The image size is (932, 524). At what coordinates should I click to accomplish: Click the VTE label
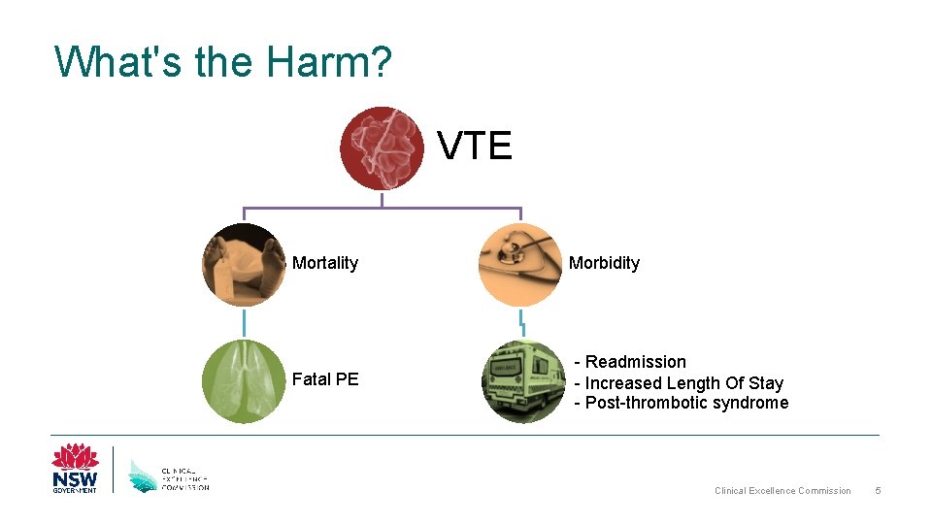coord(475,147)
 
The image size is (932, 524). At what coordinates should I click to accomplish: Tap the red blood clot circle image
coord(382,148)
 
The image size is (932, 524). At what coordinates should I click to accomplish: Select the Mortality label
coord(325,263)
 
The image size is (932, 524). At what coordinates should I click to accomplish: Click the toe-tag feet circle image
coord(244,265)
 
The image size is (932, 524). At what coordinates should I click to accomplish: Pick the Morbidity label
coord(604,263)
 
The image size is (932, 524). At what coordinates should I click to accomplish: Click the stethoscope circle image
coord(520,265)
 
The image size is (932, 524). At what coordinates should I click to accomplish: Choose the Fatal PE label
coord(325,379)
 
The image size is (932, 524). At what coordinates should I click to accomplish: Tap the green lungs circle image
coord(244,381)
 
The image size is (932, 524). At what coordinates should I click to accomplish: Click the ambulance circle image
coord(523,381)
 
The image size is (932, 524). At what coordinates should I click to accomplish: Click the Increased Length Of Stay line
coord(679,383)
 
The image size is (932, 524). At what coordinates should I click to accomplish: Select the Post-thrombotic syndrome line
coord(681,403)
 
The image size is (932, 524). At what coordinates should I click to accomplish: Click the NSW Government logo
coord(76,469)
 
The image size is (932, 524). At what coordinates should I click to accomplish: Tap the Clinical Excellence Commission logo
coord(169,475)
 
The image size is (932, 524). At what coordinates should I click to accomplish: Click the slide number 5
coord(878,491)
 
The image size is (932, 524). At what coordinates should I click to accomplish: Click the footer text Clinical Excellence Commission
coord(782,491)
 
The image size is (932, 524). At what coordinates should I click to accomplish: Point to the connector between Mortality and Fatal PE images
coord(244,323)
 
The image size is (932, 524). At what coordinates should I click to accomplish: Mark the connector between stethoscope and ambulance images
coord(521,323)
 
